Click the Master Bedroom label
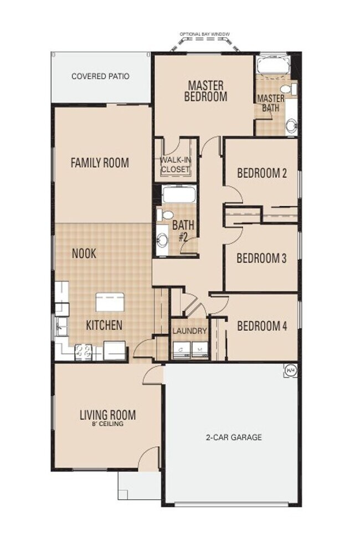[x=205, y=91]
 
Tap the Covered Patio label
[x=100, y=76]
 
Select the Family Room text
[x=100, y=162]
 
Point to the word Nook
[x=84, y=253]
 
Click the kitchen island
[x=110, y=301]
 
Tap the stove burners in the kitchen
[x=84, y=351]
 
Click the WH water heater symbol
[x=291, y=371]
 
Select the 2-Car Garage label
[x=234, y=437]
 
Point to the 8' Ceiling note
[x=108, y=424]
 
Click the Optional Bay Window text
[x=204, y=34]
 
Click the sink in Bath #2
[x=162, y=240]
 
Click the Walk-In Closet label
[x=176, y=165]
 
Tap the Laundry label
[x=190, y=331]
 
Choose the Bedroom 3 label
[x=261, y=258]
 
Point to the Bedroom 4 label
[x=262, y=326]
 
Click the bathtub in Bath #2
[x=179, y=194]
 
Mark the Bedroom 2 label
[x=262, y=173]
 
